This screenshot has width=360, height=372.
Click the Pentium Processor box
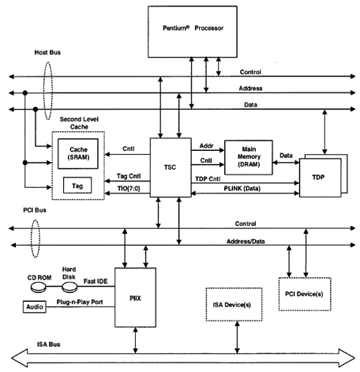(193, 32)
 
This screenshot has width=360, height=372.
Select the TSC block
(171, 167)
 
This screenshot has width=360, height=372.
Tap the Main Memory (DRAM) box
(249, 157)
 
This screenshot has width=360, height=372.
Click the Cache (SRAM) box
(78, 154)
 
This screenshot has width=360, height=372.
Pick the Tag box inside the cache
(77, 186)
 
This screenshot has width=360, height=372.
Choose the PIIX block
(135, 298)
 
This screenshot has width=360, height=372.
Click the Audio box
(35, 306)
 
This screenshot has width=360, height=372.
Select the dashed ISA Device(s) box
(234, 305)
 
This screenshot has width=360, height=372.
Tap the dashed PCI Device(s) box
(305, 294)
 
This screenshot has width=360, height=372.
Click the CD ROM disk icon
(39, 287)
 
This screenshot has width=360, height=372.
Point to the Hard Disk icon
(69, 287)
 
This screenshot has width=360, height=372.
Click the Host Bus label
(47, 52)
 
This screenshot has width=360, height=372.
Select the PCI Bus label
(35, 210)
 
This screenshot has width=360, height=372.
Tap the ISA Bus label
(48, 344)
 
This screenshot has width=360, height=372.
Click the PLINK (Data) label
(242, 189)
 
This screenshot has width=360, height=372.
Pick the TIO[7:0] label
(129, 189)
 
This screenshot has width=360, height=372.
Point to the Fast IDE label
(96, 281)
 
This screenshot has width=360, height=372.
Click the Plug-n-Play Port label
(80, 302)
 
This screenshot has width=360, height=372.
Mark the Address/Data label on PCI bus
(246, 242)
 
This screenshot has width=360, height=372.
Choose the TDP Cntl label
(208, 179)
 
